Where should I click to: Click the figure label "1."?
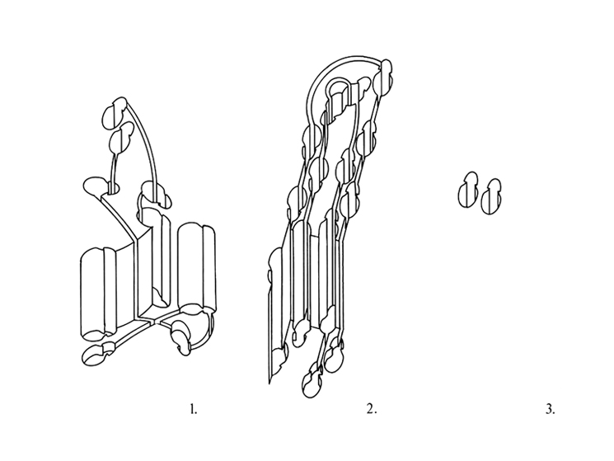click(x=194, y=410)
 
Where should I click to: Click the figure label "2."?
click(x=372, y=410)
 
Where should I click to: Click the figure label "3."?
click(x=551, y=410)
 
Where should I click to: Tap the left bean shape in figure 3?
click(x=468, y=190)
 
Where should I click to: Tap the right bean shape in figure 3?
click(x=491, y=196)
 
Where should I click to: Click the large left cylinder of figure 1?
click(x=98, y=293)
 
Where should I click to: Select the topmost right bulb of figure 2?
click(x=383, y=78)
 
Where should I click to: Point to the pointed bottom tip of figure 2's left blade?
click(x=270, y=383)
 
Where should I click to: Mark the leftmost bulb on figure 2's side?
click(x=275, y=266)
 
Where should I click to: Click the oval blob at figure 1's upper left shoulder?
click(x=95, y=186)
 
